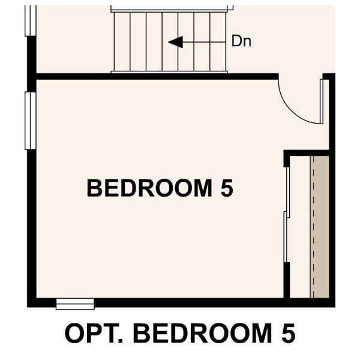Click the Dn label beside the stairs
[x=241, y=41]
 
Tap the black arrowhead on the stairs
[x=175, y=42]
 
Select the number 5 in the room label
[x=226, y=188]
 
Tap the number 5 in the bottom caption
[x=287, y=334]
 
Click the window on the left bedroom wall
[x=28, y=120]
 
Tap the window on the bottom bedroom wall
[x=75, y=304]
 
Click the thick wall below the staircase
[x=156, y=76]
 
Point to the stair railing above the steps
[x=171, y=9]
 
